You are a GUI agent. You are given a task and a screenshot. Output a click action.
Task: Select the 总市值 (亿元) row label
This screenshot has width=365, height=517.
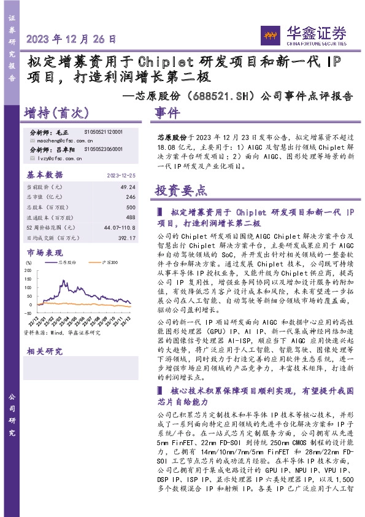coord(45,196)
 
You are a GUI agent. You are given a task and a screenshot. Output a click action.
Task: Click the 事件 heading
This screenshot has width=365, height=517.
coord(167,113)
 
